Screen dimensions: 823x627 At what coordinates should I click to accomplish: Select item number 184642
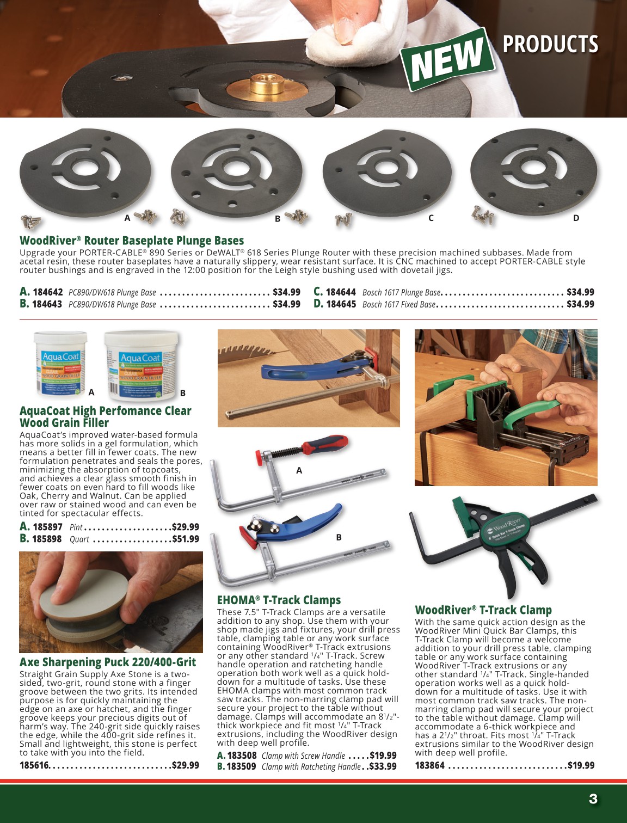(47, 292)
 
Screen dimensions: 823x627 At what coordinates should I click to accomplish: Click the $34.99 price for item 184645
(580, 304)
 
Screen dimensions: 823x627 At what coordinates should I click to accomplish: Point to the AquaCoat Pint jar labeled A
(60, 363)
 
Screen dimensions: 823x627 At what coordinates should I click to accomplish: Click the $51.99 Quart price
(186, 539)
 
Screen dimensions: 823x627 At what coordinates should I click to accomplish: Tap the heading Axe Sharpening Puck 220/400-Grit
(108, 662)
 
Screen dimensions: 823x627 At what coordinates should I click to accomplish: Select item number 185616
(34, 765)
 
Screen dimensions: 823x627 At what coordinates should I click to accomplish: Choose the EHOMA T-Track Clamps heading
(279, 600)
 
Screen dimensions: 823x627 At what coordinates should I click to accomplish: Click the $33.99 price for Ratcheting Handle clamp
(383, 766)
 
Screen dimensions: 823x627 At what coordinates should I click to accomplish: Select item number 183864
(429, 765)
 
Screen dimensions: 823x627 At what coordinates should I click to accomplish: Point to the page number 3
(593, 799)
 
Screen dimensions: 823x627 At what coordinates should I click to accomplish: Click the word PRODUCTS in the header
(550, 44)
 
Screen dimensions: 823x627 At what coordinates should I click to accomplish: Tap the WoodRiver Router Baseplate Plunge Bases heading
(132, 241)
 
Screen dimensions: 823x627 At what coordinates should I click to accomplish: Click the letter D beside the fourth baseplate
(576, 218)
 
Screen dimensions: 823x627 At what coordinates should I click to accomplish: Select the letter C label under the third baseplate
(431, 218)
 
